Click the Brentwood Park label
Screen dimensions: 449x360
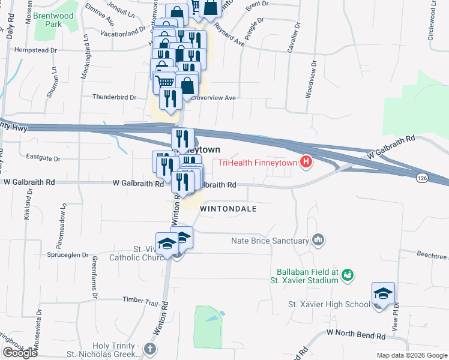click(x=49, y=20)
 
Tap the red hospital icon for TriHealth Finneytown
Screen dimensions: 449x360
click(x=307, y=161)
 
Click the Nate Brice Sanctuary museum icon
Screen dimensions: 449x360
click(x=319, y=241)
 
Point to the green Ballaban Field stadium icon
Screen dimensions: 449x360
click(x=346, y=275)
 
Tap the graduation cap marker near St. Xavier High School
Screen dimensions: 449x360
click(x=383, y=294)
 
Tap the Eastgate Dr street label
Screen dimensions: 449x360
click(x=44, y=158)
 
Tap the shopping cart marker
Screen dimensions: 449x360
click(x=165, y=82)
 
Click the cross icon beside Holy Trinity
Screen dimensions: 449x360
click(x=150, y=348)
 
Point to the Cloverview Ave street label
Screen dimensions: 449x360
click(x=212, y=98)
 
